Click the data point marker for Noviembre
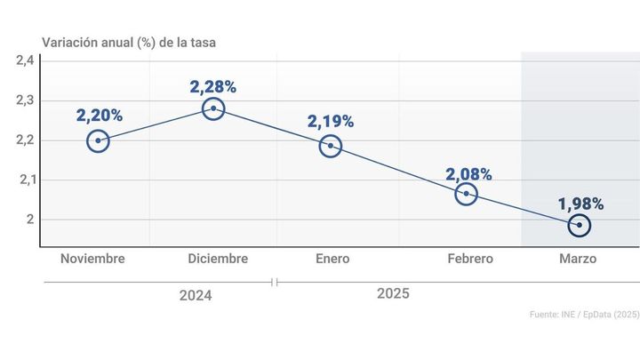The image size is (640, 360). click(99, 140)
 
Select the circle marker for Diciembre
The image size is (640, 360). click(213, 108)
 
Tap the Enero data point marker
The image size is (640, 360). click(331, 146)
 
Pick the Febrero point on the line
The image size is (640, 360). click(466, 193)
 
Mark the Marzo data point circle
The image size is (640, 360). click(580, 225)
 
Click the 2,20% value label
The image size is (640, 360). click(99, 115)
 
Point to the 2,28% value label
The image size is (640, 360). click(213, 86)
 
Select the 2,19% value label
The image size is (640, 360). click(331, 120)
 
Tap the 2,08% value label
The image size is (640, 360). click(468, 174)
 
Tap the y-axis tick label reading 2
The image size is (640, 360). click(29, 220)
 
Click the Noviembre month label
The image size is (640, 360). click(92, 259)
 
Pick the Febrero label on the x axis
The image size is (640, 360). click(470, 259)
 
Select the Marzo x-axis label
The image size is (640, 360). click(579, 259)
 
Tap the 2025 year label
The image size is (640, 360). click(393, 292)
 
